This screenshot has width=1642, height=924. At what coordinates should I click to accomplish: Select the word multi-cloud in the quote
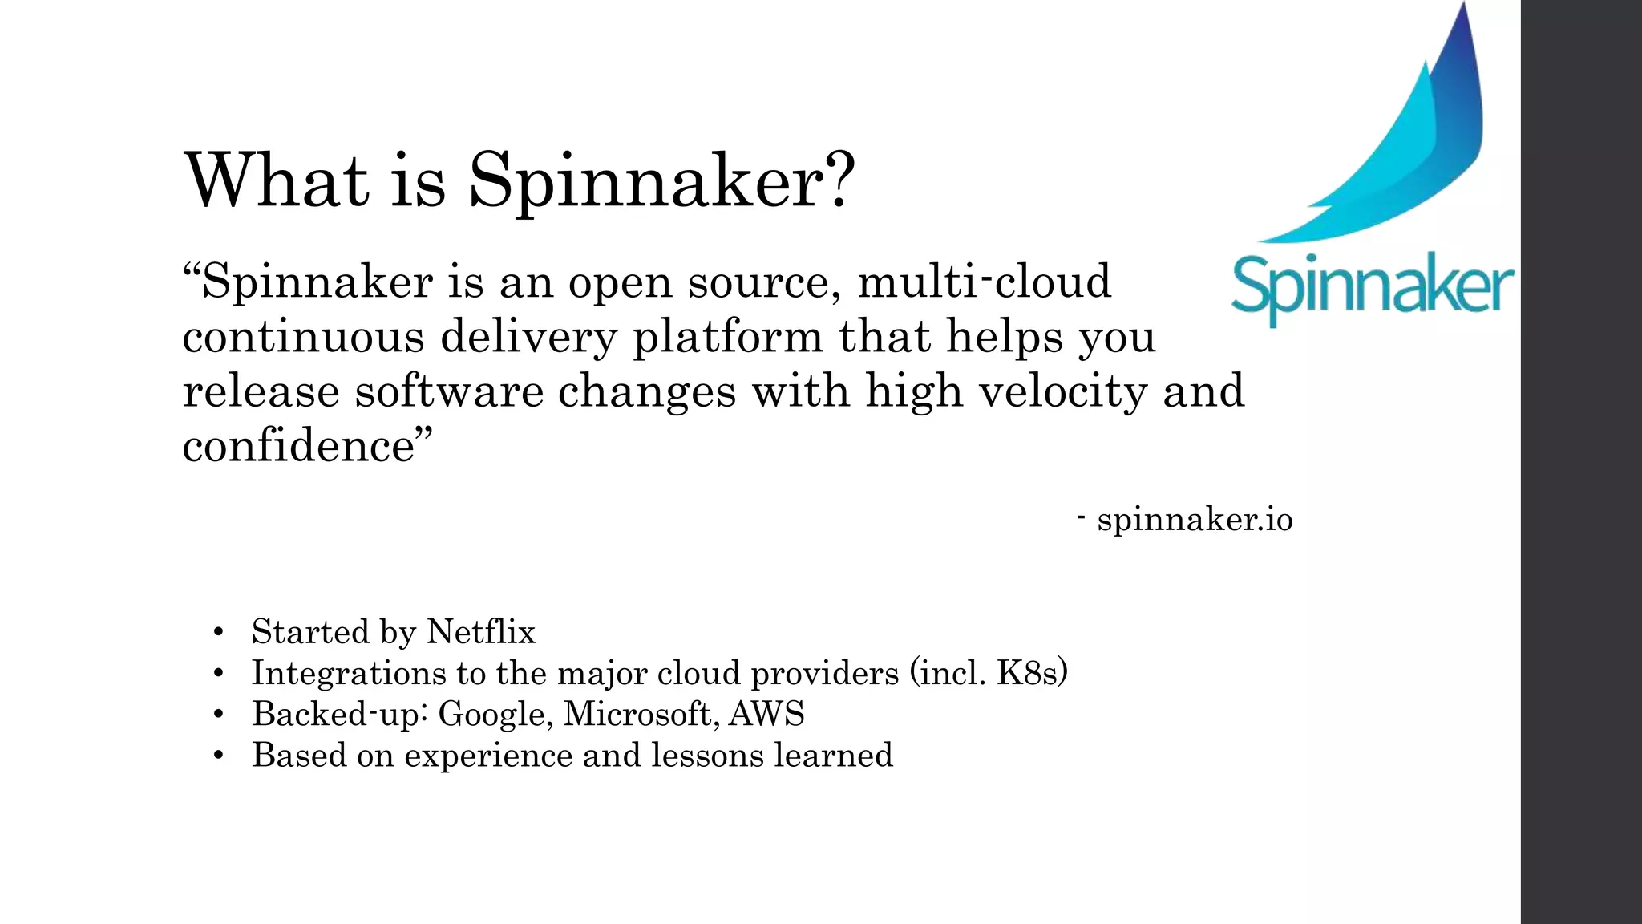click(985, 282)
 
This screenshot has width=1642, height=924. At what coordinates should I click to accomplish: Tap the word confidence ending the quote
click(298, 446)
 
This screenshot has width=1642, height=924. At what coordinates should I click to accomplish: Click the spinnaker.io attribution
click(1195, 520)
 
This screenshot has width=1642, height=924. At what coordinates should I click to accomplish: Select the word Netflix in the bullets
click(480, 632)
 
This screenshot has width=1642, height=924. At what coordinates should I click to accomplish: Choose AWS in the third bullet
click(766, 715)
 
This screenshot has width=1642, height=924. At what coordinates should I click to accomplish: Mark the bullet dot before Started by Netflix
click(218, 633)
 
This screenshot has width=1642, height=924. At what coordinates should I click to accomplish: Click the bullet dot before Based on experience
click(218, 756)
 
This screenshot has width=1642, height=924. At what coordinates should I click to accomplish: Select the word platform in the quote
click(728, 337)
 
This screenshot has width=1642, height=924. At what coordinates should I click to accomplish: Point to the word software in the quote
click(449, 391)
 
